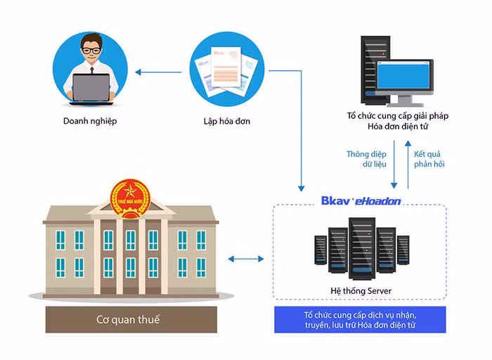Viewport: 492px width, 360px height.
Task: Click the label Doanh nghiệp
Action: (x=90, y=121)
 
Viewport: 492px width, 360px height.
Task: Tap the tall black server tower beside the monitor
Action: (x=372, y=66)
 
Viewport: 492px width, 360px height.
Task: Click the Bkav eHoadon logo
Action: (x=360, y=201)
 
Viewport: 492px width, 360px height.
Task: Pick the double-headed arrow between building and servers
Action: (x=246, y=259)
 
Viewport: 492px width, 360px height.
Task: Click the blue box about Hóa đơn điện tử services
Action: (x=360, y=320)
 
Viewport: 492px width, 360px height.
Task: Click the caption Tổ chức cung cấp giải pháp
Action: (x=398, y=115)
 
